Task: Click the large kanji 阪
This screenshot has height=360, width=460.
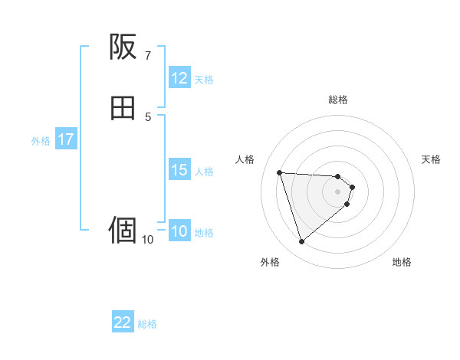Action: [x=123, y=48]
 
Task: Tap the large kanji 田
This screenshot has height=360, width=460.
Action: [x=123, y=109]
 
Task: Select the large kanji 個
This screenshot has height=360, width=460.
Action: [x=123, y=229]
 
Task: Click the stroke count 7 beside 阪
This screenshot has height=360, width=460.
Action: [x=147, y=56]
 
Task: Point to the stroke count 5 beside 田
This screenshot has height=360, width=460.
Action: [x=147, y=117]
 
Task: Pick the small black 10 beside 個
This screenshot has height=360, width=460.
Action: [x=147, y=240]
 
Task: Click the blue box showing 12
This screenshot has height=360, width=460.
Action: [x=179, y=78]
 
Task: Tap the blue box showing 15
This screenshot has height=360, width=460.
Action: [x=179, y=170]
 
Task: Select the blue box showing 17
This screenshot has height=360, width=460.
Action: [x=65, y=140]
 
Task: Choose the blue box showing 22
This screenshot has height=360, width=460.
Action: [x=123, y=322]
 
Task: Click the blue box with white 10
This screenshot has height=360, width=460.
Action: [x=179, y=232]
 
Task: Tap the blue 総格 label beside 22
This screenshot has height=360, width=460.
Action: [x=147, y=324]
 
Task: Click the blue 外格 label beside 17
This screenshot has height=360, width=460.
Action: [x=41, y=141]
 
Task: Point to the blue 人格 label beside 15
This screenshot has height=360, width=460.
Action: [x=205, y=172]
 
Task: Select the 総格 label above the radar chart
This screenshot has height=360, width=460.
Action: [x=338, y=100]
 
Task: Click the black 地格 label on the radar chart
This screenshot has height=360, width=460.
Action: [x=402, y=263]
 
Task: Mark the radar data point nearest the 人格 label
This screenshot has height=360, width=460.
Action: [x=280, y=172]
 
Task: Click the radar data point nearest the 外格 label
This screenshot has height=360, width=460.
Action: [x=301, y=242]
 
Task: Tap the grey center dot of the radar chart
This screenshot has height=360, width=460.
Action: [x=338, y=191]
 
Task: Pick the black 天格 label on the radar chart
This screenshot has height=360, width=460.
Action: [x=431, y=159]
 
